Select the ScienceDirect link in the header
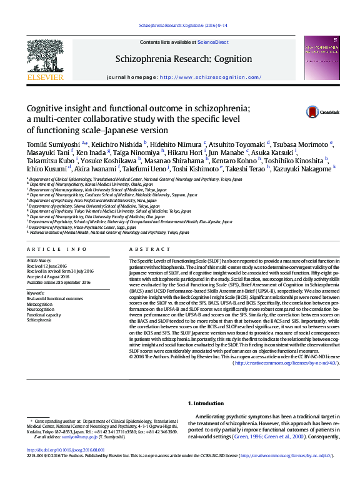pyautogui.click(x=212, y=42)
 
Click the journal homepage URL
pyautogui.click(x=211, y=77)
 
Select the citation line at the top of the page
pyautogui.click(x=179, y=26)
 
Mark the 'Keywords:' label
pyautogui.click(x=36, y=293)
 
